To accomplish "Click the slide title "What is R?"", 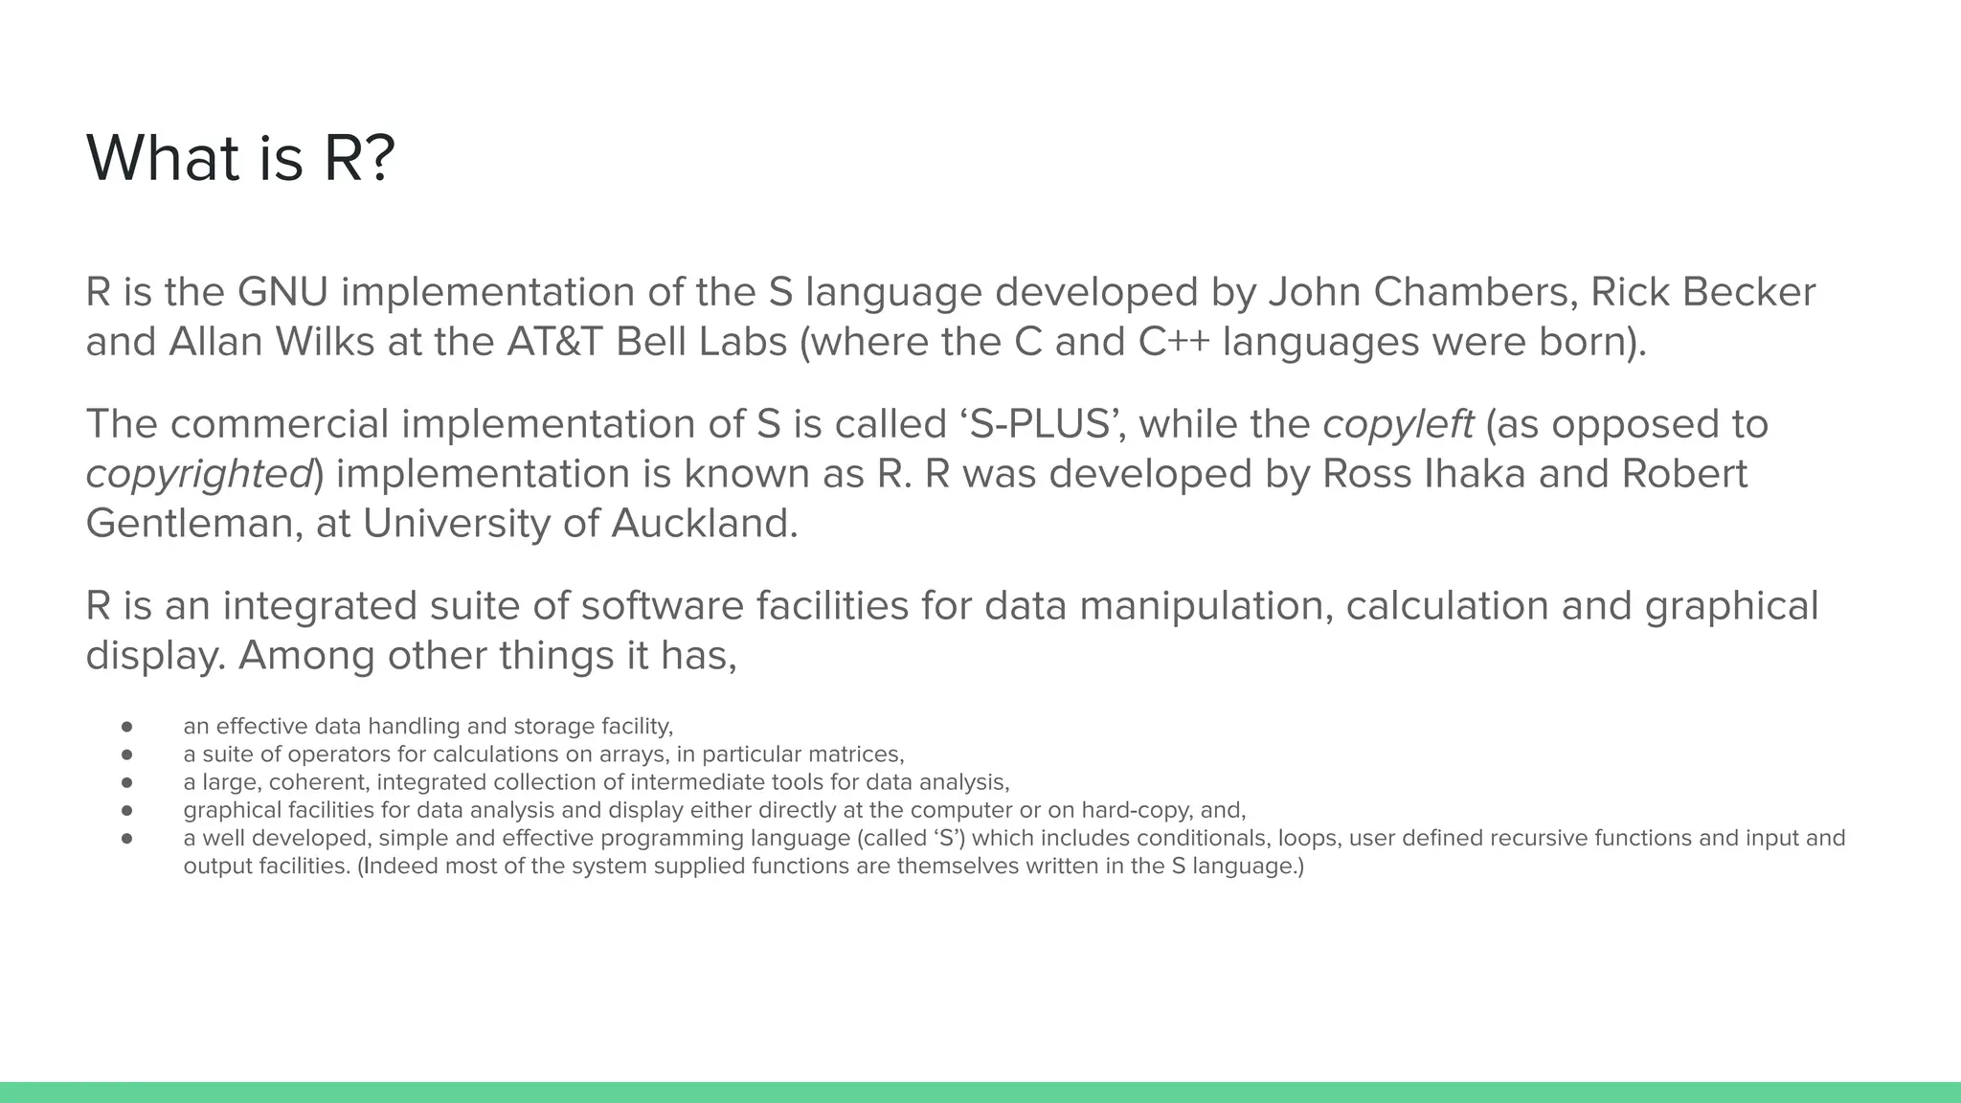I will coord(240,158).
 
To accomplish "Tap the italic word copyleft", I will coord(1398,424).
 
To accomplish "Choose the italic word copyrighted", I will coord(199,474).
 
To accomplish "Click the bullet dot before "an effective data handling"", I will coord(126,727).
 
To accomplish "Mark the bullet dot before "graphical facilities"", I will coord(126,810).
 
